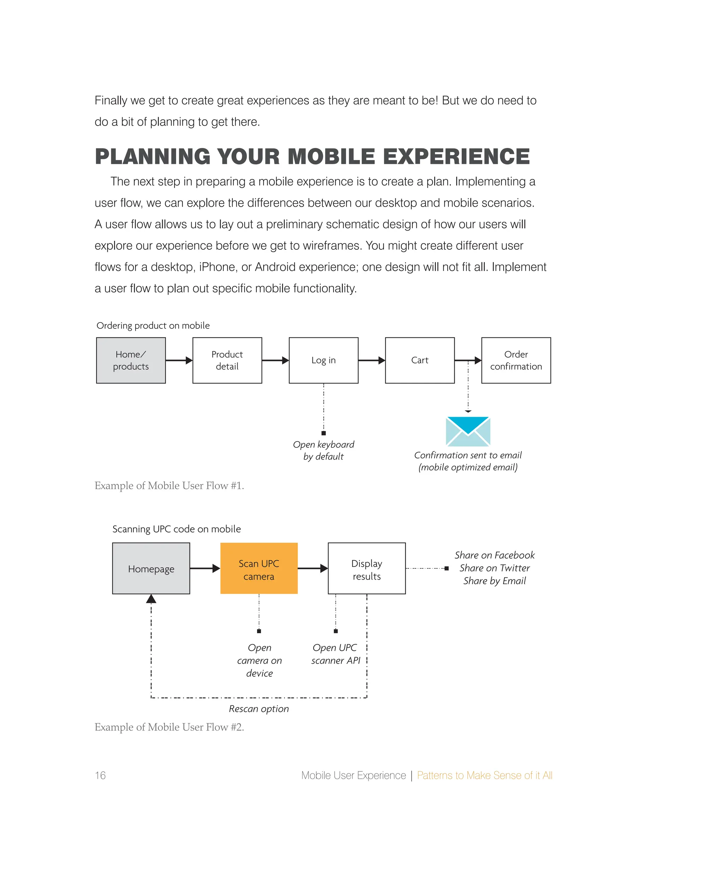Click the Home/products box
[131, 361]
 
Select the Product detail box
[227, 361]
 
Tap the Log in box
[324, 361]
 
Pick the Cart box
[420, 361]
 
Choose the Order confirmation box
[516, 361]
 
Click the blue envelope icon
[468, 431]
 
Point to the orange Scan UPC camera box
[259, 568]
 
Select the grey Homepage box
[151, 568]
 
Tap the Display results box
[366, 568]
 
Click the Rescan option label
[259, 709]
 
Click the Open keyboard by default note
[324, 450]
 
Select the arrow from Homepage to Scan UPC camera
[205, 568]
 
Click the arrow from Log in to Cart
[371, 361]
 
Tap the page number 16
[100, 776]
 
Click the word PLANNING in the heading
[153, 157]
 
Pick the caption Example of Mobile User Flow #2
[169, 727]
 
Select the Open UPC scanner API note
[335, 654]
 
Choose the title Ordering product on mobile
[153, 325]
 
